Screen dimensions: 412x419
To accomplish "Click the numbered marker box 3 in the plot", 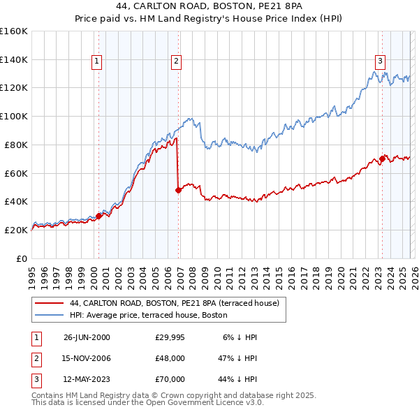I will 380,61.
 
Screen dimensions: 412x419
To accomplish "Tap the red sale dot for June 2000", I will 98,216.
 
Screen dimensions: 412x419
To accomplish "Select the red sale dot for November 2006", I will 178,189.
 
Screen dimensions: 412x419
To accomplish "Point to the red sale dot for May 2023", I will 382,159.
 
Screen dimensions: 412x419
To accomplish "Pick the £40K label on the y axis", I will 16,201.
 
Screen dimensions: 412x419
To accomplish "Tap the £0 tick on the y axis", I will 22,258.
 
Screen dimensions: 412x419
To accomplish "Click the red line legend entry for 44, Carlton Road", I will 175,303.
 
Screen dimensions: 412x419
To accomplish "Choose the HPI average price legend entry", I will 149,315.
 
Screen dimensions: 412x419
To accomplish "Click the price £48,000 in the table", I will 170,358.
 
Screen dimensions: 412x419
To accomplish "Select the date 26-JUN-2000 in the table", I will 87,337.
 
